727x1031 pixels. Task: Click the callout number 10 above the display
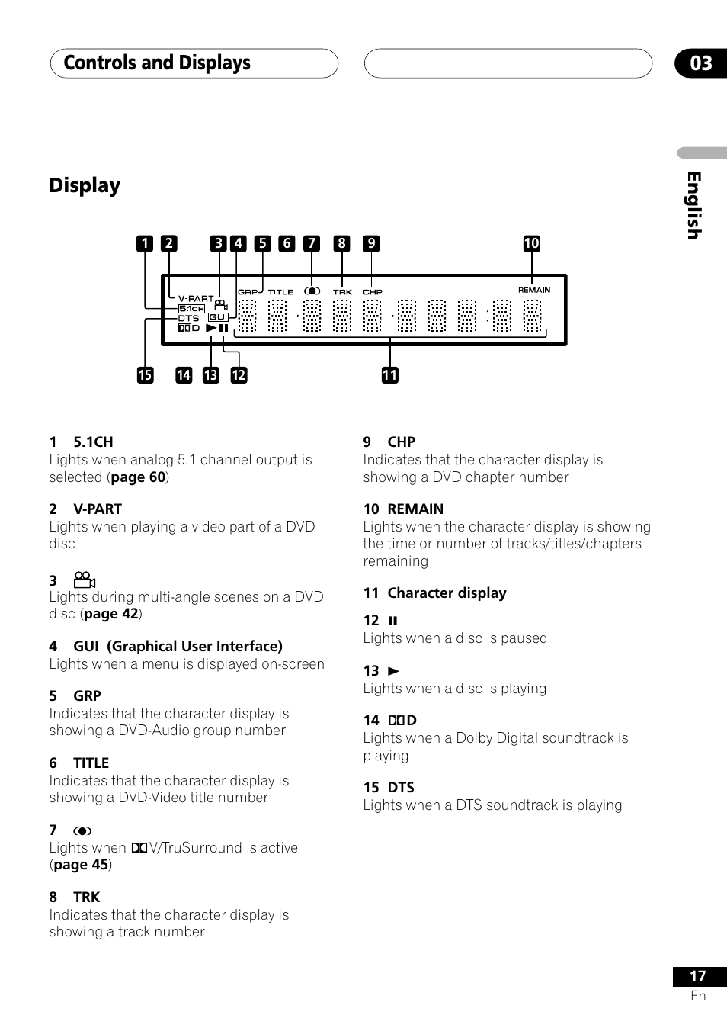click(531, 243)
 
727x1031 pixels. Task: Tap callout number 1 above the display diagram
click(145, 243)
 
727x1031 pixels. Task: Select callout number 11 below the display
click(389, 374)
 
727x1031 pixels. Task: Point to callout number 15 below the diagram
click(145, 374)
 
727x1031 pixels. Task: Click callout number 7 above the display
click(311, 243)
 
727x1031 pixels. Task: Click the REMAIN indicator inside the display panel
click(534, 290)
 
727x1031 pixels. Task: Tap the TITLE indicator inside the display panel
click(280, 292)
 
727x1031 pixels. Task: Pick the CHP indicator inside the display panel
click(373, 292)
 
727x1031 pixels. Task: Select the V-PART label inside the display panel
click(196, 299)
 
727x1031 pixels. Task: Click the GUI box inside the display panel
click(219, 316)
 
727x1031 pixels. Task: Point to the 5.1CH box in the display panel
click(191, 309)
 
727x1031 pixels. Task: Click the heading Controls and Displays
click(157, 63)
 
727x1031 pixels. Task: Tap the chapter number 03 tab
click(700, 63)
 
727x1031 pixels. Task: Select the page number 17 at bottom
click(697, 976)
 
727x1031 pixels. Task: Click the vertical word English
click(693, 205)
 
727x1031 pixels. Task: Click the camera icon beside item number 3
click(84, 580)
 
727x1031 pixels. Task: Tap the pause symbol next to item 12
click(393, 621)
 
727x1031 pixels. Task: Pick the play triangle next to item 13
click(393, 671)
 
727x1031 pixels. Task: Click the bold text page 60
click(138, 477)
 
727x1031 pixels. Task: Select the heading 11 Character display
click(434, 593)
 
